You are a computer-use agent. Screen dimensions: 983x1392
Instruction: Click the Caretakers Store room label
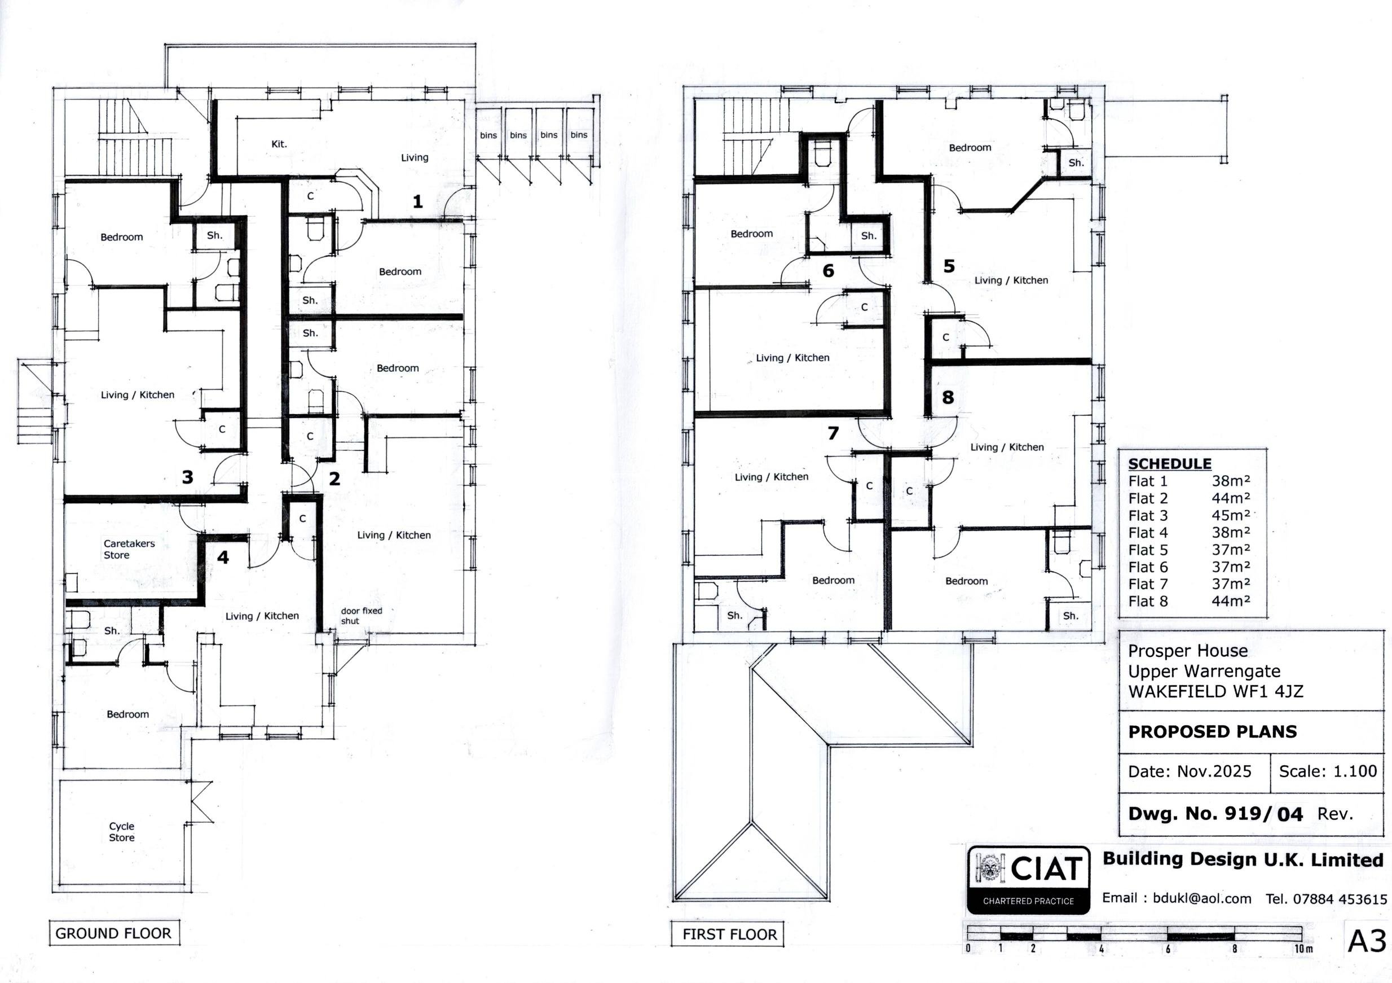click(129, 549)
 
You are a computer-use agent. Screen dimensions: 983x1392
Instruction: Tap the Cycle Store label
click(122, 831)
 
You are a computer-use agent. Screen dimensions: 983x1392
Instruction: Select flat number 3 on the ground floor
click(188, 477)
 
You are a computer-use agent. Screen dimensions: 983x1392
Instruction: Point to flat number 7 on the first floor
click(833, 433)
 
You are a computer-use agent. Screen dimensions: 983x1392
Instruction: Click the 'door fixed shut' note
click(362, 616)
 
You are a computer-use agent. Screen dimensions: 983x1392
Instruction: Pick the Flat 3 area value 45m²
click(1231, 515)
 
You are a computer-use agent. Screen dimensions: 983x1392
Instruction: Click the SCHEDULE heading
click(1170, 464)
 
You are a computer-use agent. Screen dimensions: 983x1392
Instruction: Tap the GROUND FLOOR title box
click(114, 933)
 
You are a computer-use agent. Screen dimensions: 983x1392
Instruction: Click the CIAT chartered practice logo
click(1028, 880)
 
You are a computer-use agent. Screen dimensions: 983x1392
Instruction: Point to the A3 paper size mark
click(1367, 941)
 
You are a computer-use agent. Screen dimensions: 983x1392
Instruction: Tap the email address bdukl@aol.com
click(1202, 899)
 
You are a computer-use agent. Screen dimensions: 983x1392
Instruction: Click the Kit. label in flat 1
click(279, 144)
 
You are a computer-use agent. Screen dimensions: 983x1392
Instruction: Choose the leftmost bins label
click(488, 135)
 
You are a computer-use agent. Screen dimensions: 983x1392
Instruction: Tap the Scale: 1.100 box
click(1327, 771)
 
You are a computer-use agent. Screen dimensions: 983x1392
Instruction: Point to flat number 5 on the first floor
click(949, 266)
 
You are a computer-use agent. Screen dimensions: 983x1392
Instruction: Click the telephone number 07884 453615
click(1340, 899)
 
